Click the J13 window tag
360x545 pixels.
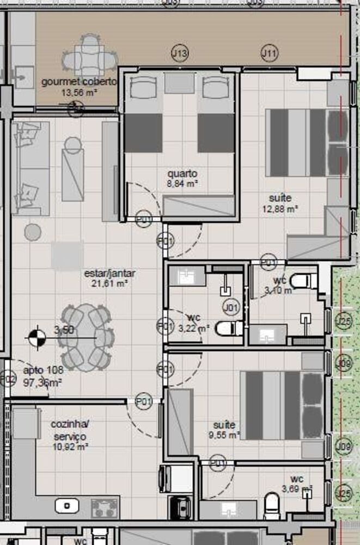click(180, 53)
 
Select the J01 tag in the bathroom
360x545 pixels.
click(231, 308)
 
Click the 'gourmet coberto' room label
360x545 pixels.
click(80, 82)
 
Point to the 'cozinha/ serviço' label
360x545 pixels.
click(70, 431)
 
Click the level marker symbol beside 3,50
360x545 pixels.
click(36, 337)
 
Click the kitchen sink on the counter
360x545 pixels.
click(68, 506)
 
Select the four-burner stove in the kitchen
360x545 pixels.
click(105, 507)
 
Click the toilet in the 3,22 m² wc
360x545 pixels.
click(229, 328)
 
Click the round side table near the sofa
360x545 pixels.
click(33, 232)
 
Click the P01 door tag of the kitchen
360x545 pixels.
click(143, 402)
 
